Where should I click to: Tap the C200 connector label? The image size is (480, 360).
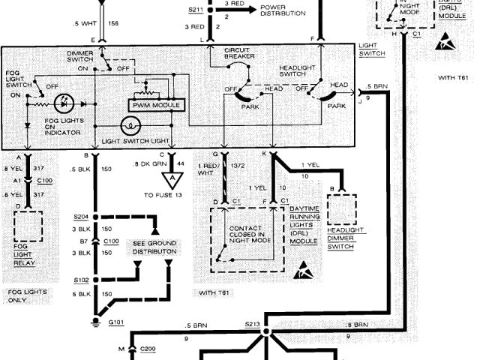147,349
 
